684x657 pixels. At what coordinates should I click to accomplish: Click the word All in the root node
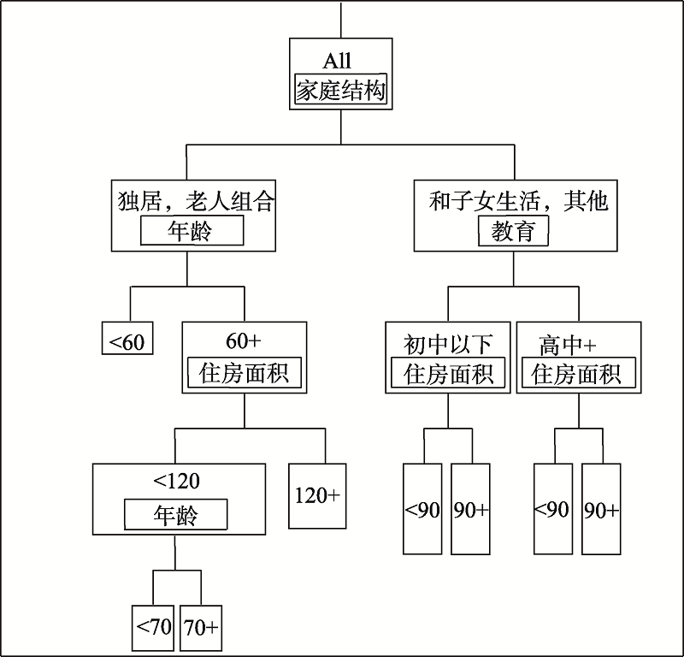339,60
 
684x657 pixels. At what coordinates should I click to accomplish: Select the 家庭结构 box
341,91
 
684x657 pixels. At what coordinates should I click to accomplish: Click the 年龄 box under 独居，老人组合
192,231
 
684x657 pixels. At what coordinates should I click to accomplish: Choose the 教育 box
514,231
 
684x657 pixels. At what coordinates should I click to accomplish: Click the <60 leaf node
127,342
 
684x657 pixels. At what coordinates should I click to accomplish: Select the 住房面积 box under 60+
245,374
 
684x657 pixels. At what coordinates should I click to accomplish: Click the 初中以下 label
448,344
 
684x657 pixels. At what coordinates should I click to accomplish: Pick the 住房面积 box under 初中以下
448,374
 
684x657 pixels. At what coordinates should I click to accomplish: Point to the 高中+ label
568,344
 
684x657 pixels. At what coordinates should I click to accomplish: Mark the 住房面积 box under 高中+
577,374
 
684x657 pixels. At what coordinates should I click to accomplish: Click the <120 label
176,481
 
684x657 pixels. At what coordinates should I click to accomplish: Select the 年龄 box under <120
176,515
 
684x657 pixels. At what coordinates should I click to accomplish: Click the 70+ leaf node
201,627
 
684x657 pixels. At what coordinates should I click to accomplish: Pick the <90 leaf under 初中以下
423,510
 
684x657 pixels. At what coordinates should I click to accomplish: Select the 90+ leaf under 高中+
601,510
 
